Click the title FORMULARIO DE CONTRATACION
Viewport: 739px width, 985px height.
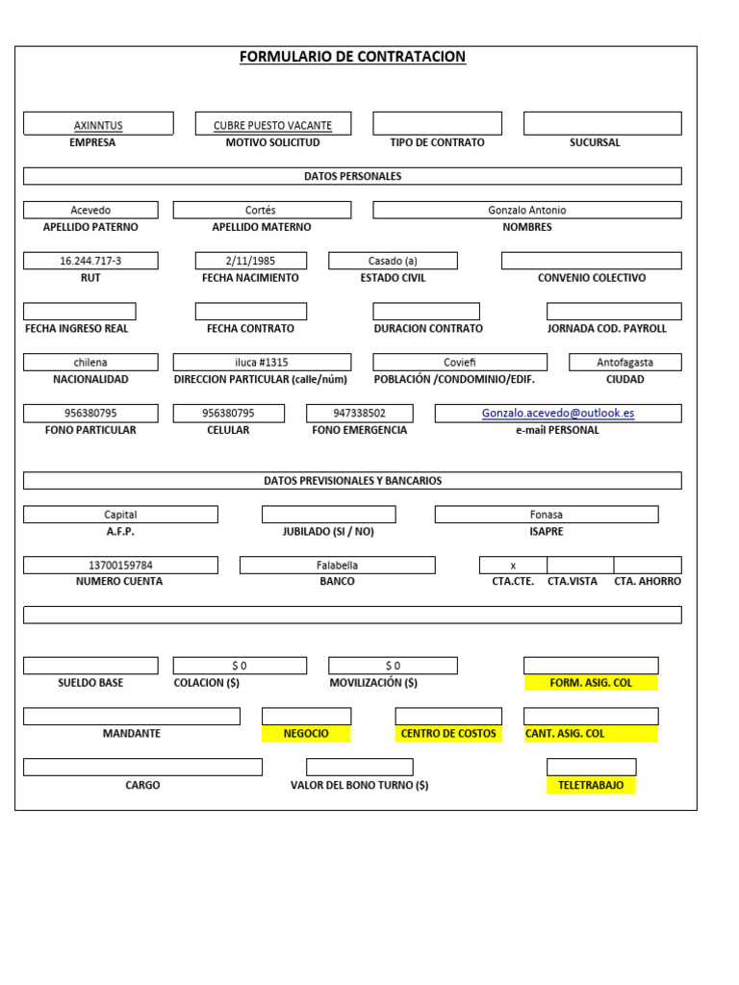(x=352, y=58)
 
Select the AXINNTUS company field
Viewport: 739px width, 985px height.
(x=98, y=125)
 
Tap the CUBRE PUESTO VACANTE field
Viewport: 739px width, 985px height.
(x=272, y=125)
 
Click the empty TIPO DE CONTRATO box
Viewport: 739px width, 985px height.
(x=437, y=123)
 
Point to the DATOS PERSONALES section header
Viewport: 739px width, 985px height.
(x=352, y=177)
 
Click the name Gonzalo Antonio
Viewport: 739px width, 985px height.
(x=526, y=210)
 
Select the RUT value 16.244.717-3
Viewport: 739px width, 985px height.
(x=90, y=261)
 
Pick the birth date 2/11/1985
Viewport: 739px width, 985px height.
(x=250, y=261)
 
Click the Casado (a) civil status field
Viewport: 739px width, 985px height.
(x=393, y=261)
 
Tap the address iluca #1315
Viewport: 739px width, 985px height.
(x=262, y=363)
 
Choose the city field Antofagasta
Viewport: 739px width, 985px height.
(x=624, y=363)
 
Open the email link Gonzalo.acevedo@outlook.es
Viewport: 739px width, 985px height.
(x=558, y=414)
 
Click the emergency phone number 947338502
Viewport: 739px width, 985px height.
(x=359, y=414)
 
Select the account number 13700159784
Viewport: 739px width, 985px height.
(x=120, y=566)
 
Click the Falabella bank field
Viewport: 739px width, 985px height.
(x=337, y=566)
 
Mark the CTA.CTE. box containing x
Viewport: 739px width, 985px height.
(x=513, y=566)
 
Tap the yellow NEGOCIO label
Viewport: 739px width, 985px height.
(x=306, y=734)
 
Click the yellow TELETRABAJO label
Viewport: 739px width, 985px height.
(x=591, y=785)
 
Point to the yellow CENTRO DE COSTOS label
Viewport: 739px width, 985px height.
(x=448, y=734)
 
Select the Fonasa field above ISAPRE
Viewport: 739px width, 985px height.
(x=546, y=515)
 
